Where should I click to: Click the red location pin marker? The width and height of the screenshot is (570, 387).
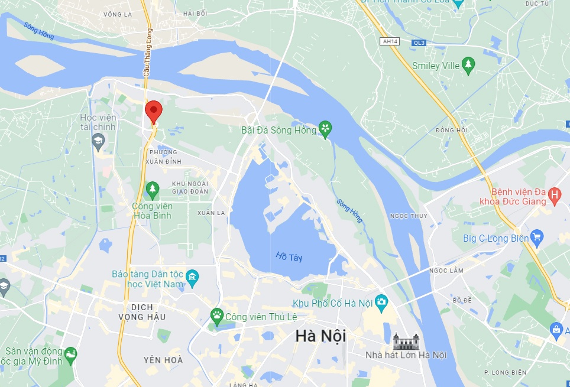154,110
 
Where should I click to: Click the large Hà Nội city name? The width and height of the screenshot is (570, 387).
320,336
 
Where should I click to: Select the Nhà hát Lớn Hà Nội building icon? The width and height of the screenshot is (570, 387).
406,341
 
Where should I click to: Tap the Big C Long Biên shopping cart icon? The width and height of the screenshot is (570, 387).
537,238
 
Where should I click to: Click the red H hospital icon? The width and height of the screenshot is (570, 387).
555,194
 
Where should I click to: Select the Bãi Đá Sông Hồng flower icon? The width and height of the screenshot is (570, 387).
325,128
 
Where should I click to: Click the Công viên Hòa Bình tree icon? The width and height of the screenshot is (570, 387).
153,189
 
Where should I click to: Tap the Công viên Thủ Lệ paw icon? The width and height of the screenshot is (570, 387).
217,316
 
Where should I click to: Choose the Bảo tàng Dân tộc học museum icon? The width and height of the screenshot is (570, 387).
192,277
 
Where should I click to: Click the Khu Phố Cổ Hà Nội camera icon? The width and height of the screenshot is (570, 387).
381,303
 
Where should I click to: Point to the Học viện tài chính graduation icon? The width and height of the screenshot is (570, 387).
98,141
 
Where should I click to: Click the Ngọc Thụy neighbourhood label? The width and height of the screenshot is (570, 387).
409,216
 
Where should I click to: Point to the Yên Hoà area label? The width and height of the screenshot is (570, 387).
163,360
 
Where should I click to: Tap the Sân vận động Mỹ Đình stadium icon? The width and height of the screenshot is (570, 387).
72,354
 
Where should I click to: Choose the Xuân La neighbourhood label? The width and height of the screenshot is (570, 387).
212,213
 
